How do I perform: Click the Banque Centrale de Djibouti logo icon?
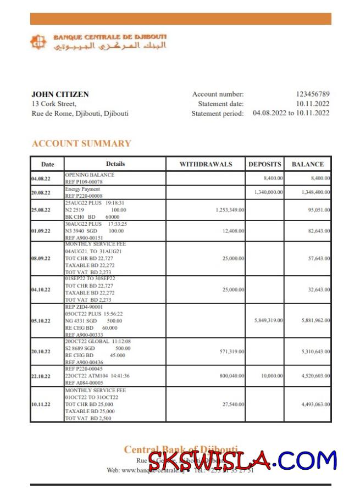click(x=39, y=42)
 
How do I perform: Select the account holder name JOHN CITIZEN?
click(x=60, y=94)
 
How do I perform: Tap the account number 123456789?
click(x=313, y=94)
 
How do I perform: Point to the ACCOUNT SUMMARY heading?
click(x=81, y=144)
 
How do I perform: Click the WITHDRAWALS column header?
click(x=206, y=164)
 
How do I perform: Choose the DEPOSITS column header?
click(x=265, y=164)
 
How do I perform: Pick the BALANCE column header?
click(x=307, y=164)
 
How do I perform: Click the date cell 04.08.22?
click(x=41, y=179)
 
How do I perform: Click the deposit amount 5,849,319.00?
click(x=268, y=320)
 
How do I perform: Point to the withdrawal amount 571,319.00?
click(x=231, y=352)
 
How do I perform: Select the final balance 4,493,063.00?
click(x=315, y=404)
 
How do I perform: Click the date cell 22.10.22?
click(x=41, y=376)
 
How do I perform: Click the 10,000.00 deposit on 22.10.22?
click(x=272, y=376)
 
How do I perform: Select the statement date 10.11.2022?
click(x=313, y=104)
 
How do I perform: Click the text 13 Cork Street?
click(x=54, y=104)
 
